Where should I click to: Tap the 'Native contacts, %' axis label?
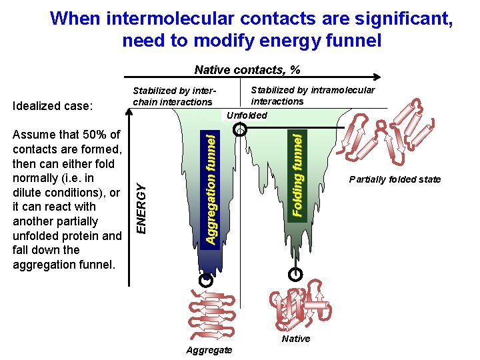point(247,70)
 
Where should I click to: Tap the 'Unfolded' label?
point(247,115)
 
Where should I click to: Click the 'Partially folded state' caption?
point(395,179)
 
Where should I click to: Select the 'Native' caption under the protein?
point(296,339)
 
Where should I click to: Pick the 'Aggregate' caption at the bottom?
point(209,350)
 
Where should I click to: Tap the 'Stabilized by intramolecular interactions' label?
point(312,95)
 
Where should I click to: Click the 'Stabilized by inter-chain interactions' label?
point(173,96)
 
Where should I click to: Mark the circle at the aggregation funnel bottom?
point(206,281)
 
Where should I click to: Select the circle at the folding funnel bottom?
point(295,273)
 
